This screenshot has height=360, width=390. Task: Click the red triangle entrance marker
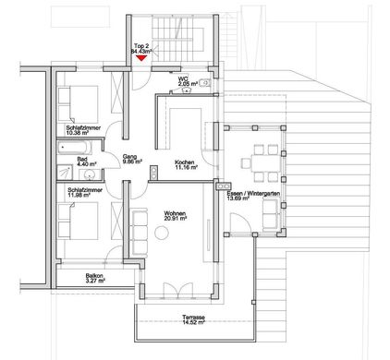pyautogui.click(x=140, y=58)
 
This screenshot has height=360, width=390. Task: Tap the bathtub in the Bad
pyautogui.click(x=74, y=148)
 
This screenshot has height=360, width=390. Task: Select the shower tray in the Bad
pyautogui.click(x=65, y=173)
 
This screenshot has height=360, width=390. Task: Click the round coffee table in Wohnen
pyautogui.click(x=162, y=233)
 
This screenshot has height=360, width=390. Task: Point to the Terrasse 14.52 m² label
pyautogui.click(x=193, y=319)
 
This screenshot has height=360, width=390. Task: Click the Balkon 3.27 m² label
pyautogui.click(x=95, y=278)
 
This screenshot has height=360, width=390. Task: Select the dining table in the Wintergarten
pyautogui.click(x=266, y=163)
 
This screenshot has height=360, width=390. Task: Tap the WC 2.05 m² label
pyautogui.click(x=188, y=81)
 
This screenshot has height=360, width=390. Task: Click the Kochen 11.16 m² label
pyautogui.click(x=186, y=164)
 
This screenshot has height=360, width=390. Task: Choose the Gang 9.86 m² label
pyautogui.click(x=131, y=159)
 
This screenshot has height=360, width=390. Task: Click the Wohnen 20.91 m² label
pyautogui.click(x=176, y=216)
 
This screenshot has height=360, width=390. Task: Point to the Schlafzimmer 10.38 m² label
pyautogui.click(x=83, y=130)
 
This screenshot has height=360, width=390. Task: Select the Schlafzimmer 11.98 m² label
pyautogui.click(x=85, y=192)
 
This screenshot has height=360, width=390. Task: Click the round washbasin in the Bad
pyautogui.click(x=90, y=174)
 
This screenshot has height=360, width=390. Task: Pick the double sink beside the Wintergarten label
pyautogui.click(x=224, y=186)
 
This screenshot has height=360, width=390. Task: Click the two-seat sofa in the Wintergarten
pyautogui.click(x=271, y=214)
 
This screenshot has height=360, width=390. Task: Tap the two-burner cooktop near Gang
pyautogui.click(x=153, y=173)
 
